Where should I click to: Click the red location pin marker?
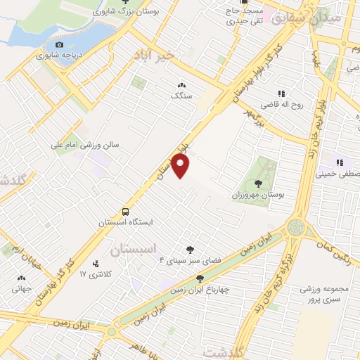click(x=181, y=166)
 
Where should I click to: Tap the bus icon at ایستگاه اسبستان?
click(x=125, y=211)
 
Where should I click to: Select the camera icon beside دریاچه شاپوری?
click(x=59, y=45)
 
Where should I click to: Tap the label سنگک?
click(x=179, y=94)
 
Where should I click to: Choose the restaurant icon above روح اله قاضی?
click(x=281, y=94)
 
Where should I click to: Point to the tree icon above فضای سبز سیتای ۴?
click(x=189, y=248)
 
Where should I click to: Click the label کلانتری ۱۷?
click(x=91, y=274)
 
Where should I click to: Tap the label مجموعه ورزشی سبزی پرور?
click(x=324, y=295)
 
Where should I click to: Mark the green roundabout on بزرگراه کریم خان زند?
click(x=296, y=227)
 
